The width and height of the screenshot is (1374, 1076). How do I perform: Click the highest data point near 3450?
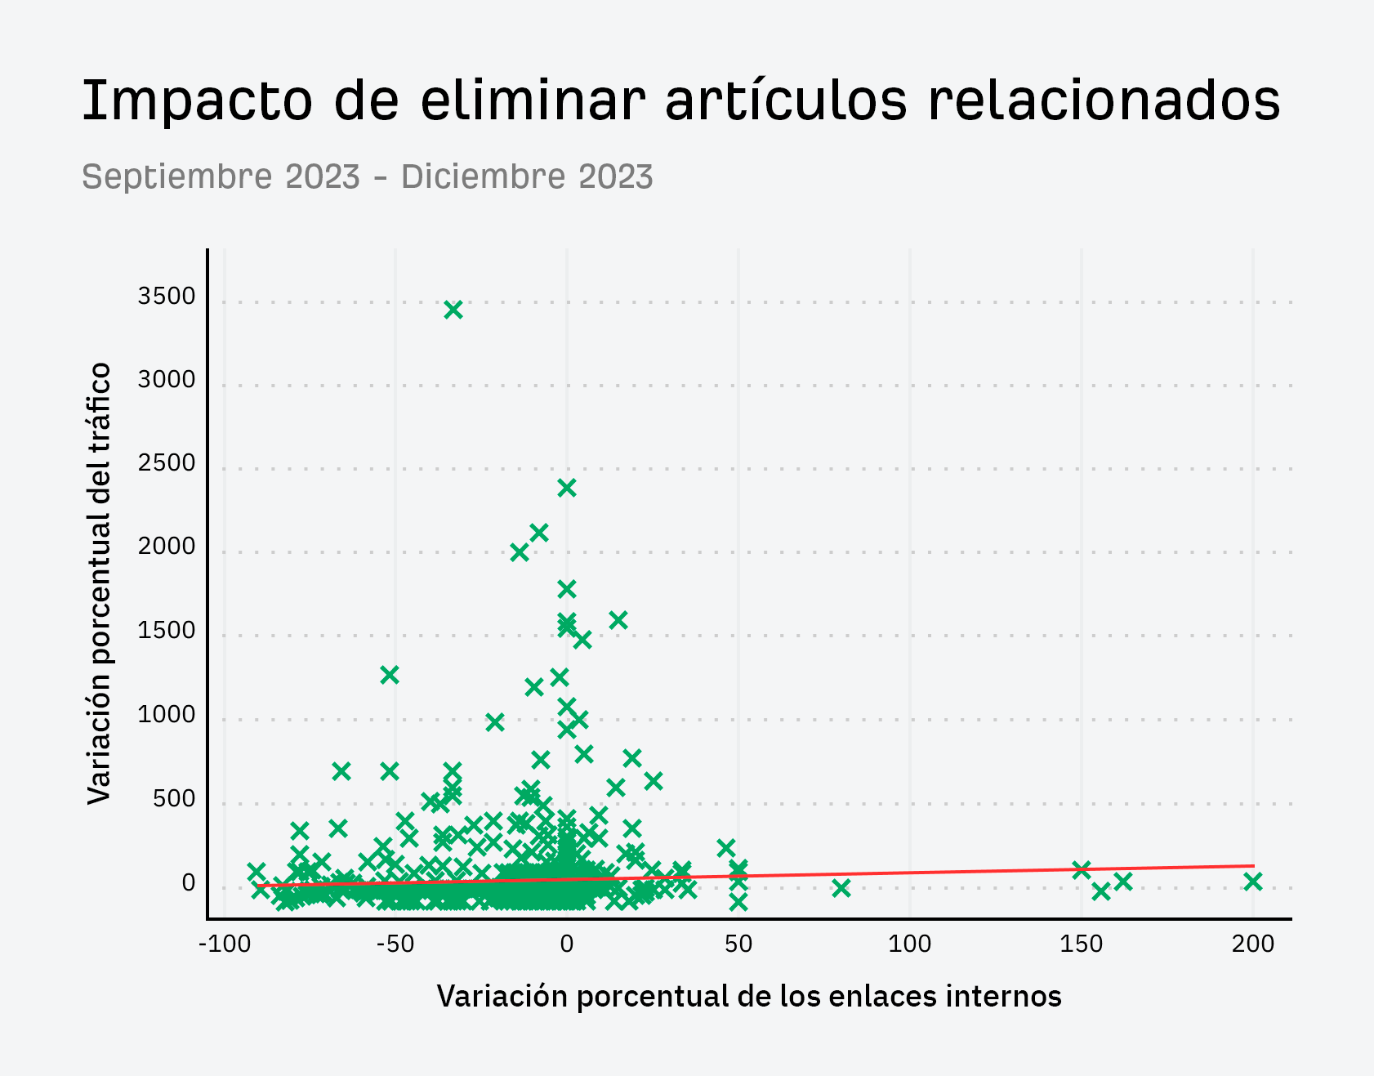(x=453, y=310)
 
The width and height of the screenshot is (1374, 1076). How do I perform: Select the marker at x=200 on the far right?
(x=1252, y=882)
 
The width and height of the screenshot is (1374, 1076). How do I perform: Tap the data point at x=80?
(x=841, y=888)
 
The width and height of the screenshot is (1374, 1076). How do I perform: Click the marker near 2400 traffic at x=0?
(x=567, y=488)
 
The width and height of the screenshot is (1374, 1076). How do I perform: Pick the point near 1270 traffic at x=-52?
(x=390, y=675)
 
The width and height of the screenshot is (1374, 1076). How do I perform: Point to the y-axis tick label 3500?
(x=167, y=297)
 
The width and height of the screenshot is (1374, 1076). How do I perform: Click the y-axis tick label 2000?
(x=167, y=547)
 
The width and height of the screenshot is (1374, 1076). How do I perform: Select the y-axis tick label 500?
(x=174, y=798)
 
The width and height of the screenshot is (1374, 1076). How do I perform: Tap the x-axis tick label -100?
(x=225, y=944)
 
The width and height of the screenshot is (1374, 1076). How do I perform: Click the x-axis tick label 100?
(x=909, y=944)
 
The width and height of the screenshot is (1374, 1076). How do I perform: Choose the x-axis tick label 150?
(x=1081, y=944)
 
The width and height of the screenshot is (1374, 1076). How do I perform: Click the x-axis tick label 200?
(x=1252, y=944)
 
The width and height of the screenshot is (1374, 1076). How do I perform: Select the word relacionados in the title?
(x=1104, y=100)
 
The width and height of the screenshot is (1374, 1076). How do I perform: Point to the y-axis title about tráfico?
(x=99, y=583)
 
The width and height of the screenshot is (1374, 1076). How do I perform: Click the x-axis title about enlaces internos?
(x=749, y=996)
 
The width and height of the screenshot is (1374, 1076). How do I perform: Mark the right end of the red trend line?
(x=1253, y=865)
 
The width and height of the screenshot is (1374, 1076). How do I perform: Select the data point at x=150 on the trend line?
(x=1081, y=870)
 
